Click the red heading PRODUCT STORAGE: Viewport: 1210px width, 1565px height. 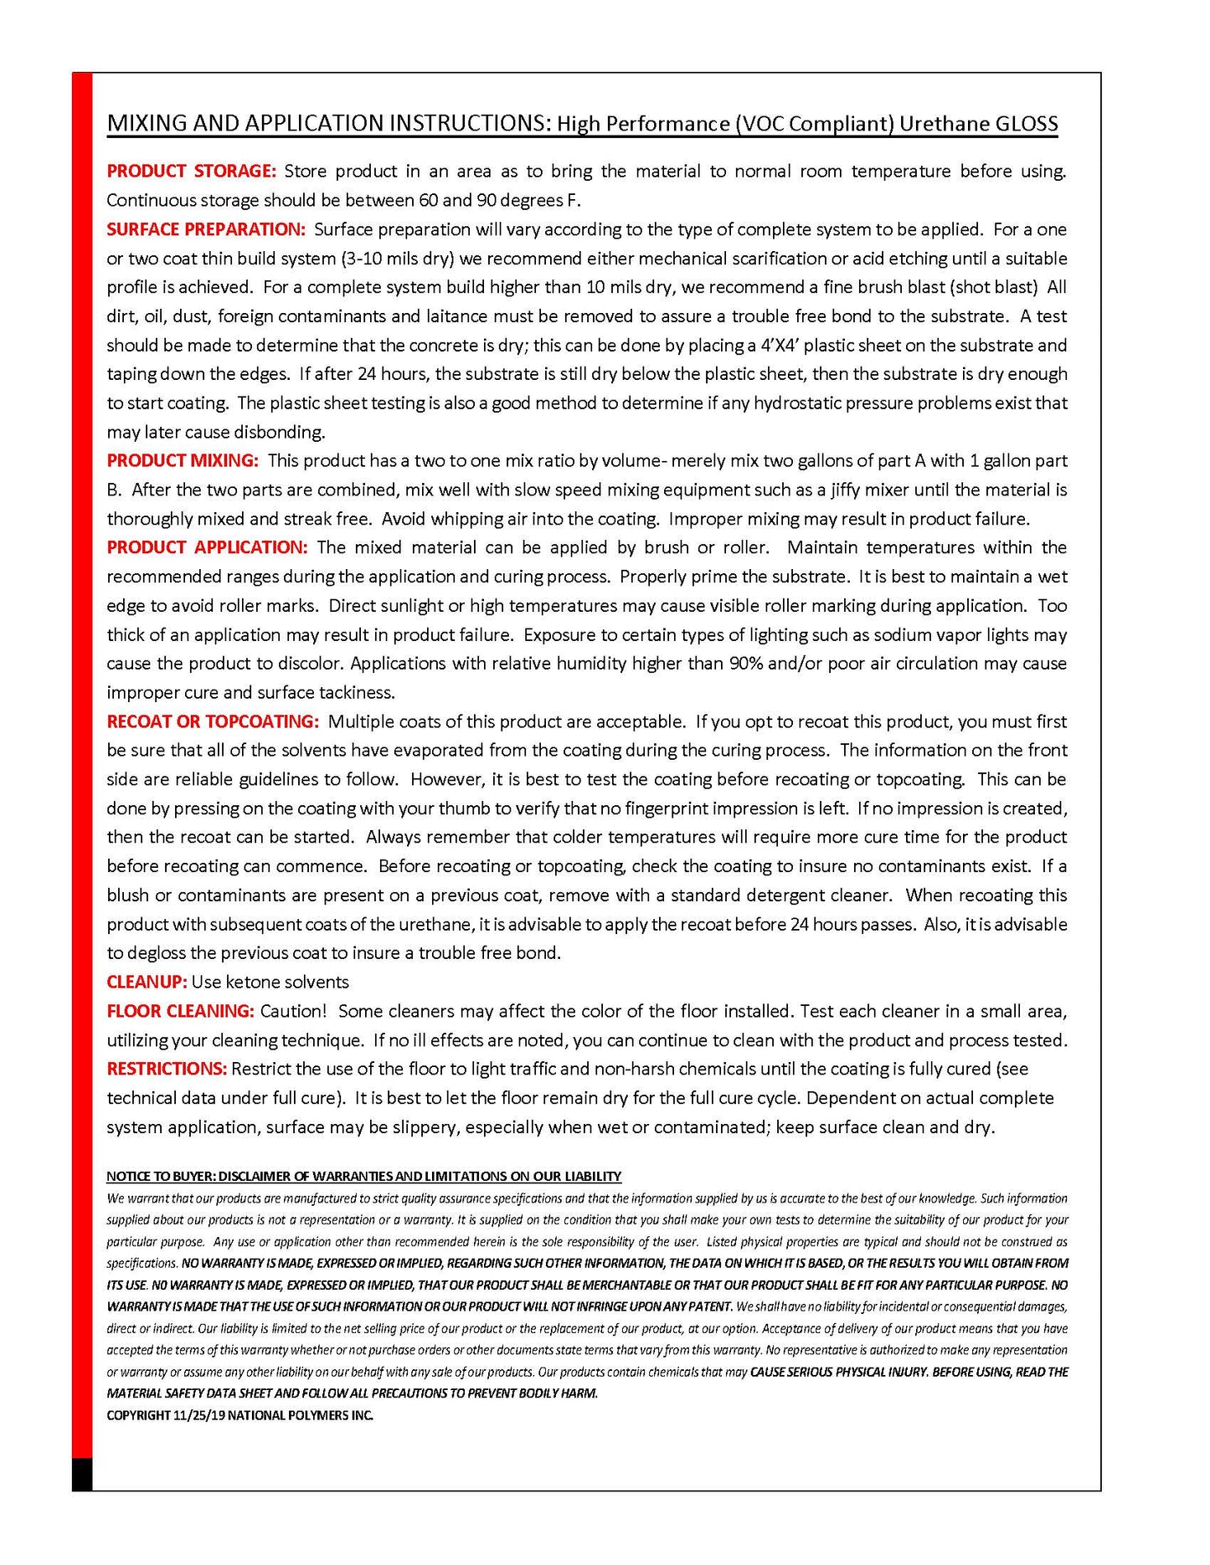190,172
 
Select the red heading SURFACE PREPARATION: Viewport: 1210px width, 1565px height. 206,229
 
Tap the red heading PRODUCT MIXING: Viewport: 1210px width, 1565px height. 183,461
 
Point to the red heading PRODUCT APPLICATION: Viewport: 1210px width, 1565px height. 207,547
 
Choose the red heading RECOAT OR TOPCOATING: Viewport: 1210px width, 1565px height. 213,721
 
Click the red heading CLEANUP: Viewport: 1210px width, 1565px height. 147,983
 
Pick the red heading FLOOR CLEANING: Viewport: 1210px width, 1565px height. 180,1011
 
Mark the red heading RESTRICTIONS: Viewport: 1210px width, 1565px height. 167,1069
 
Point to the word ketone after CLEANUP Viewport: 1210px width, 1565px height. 250,983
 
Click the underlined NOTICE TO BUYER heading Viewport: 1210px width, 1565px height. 363,1176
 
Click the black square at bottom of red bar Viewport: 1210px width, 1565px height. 81,1474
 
